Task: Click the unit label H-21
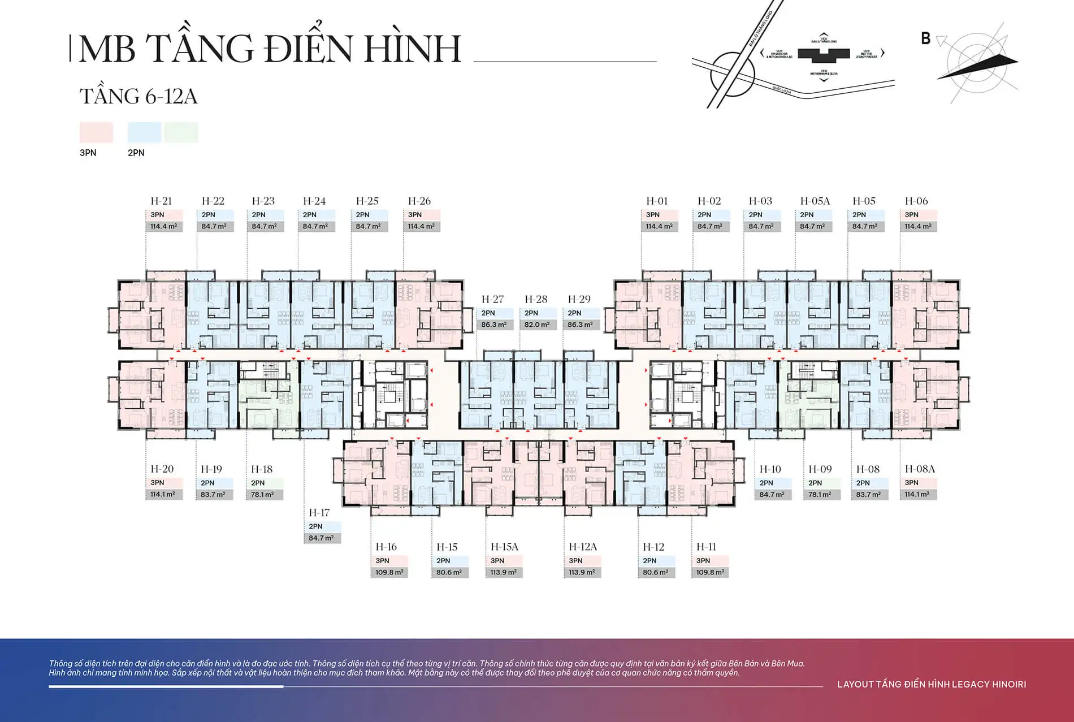[x=161, y=201]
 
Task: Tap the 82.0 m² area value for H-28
[x=536, y=325]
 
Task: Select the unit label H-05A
[x=815, y=201]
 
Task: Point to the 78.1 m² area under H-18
[x=262, y=495]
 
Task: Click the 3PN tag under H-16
[x=383, y=561]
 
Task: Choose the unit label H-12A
[x=582, y=547]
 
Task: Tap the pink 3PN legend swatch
[x=96, y=132]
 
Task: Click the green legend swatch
[x=181, y=132]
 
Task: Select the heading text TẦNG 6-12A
[x=138, y=97]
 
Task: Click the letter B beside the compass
[x=925, y=38]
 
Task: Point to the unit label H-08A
[x=920, y=469]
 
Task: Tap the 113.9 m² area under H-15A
[x=503, y=573]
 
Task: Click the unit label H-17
[x=319, y=513]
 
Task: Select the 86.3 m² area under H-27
[x=493, y=325]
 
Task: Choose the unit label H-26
[x=419, y=201]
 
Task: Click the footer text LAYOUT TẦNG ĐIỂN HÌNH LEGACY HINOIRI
[x=931, y=685]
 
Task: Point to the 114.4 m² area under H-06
[x=917, y=227]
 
